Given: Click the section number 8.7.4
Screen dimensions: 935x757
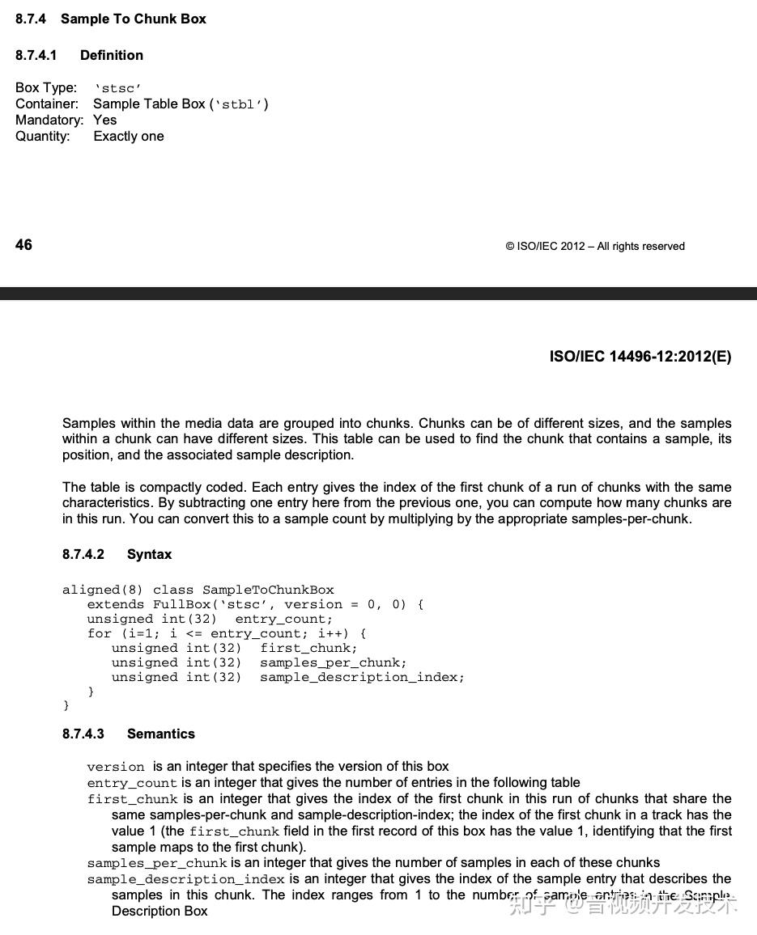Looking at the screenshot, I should pos(31,19).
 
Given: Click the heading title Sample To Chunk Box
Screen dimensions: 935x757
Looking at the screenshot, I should pos(134,19).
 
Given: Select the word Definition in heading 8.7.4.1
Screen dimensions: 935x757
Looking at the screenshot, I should pos(112,55).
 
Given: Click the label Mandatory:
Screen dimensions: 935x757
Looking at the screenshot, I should pos(49,120).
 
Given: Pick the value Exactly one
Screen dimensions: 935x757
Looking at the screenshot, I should pos(129,136).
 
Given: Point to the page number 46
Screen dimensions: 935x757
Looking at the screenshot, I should pos(23,245).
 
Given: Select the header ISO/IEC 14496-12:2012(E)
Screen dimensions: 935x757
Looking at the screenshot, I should pos(640,357).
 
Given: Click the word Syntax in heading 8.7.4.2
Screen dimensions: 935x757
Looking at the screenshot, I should pos(149,554).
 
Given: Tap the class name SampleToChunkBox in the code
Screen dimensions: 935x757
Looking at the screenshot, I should pos(268,590).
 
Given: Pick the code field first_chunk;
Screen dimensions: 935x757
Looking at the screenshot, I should pos(308,648).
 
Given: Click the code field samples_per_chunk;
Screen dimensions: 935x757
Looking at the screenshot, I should pos(333,662).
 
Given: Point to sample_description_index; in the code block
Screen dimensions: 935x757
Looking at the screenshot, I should pos(362,677).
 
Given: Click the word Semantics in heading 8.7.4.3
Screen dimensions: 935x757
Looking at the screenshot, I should pos(161,734).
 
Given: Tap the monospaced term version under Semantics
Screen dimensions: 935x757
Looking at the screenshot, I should pos(116,767).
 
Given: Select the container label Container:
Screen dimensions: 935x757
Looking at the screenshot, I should pos(47,104).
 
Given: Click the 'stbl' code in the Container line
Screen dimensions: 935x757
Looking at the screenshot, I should pos(239,104).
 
